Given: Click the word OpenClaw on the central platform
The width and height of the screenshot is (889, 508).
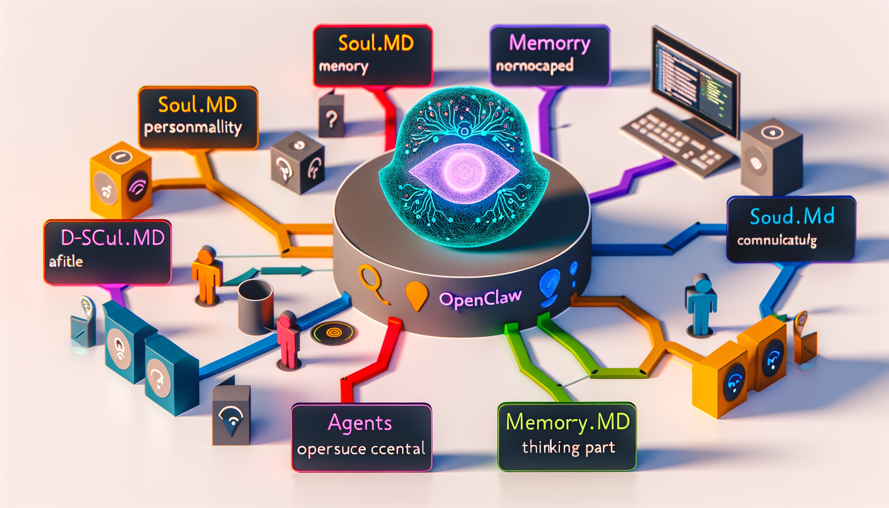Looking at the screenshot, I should (x=480, y=299).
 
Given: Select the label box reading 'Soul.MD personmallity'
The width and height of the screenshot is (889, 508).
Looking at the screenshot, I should (x=198, y=118).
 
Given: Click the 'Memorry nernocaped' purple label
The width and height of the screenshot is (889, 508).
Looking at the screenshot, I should (x=550, y=56).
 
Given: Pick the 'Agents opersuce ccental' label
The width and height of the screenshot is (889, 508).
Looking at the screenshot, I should (x=361, y=437).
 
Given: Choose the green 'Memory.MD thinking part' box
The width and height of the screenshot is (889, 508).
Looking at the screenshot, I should (x=567, y=436).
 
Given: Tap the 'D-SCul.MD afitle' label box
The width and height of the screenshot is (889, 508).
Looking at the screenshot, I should (x=108, y=252).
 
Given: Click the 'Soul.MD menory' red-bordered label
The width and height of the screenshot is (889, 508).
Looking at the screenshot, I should (x=373, y=56).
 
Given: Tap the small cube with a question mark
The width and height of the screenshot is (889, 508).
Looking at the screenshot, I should (x=331, y=117).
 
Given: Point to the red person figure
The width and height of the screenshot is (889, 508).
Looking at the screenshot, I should (x=288, y=340).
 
